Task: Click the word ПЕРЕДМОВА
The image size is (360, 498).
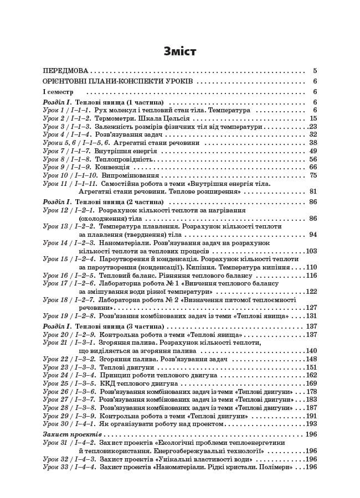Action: pos(66,71)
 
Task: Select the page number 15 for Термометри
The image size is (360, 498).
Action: pos(313,118)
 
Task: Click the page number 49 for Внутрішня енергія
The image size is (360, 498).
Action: pos(313,151)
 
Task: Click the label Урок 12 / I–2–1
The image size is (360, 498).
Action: pos(69,211)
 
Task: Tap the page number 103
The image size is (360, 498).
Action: pos(311,235)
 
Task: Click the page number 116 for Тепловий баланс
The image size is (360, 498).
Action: pos(311,276)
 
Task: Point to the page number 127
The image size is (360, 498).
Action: pos(311,308)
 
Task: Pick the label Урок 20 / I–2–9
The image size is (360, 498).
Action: pos(69,335)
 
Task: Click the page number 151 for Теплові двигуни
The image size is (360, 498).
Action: pos(311,367)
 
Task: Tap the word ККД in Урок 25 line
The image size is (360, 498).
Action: pos(107,383)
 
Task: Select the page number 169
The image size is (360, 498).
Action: pos(311,383)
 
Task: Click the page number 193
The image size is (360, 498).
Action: pos(311,423)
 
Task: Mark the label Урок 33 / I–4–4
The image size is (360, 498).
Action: pos(69,467)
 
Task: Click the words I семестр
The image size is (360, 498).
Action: pos(58,91)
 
